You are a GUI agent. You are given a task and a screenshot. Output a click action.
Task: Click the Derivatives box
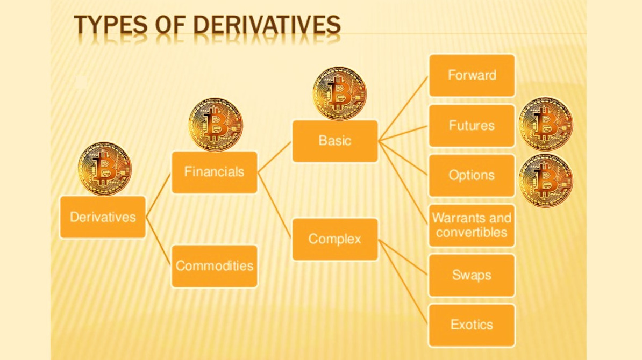[x=103, y=217]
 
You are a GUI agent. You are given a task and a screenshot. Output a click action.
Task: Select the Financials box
[x=215, y=172]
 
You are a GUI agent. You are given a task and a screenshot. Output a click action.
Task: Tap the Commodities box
[x=215, y=266]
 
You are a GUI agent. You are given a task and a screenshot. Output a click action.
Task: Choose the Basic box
[x=335, y=141]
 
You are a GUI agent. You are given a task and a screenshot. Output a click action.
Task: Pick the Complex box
[x=335, y=239]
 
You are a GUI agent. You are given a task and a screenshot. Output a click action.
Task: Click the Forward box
[x=472, y=75]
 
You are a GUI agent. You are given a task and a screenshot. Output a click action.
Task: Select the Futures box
[x=472, y=126]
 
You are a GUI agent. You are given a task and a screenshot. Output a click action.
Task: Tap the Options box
[x=472, y=176]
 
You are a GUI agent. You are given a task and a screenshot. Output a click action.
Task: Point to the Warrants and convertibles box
[x=472, y=226]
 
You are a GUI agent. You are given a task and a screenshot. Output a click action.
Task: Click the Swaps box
[x=472, y=275]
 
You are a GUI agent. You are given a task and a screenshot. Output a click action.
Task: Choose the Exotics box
[x=472, y=325]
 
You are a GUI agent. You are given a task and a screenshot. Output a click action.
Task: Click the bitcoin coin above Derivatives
[x=105, y=169]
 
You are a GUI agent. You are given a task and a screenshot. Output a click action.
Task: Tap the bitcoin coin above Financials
[x=216, y=124]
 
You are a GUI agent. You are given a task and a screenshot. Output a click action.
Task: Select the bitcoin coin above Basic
[x=339, y=93]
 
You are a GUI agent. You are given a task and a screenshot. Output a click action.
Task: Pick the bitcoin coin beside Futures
[x=546, y=124]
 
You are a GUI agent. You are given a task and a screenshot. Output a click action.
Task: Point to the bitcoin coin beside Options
[x=546, y=181]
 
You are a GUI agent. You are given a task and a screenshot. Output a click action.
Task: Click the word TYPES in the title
[x=111, y=25]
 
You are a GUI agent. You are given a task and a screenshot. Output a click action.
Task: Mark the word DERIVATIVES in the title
[x=267, y=25]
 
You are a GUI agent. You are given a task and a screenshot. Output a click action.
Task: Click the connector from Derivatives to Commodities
[x=159, y=241]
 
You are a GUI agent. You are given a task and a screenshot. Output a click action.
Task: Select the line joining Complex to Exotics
[x=403, y=282]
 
